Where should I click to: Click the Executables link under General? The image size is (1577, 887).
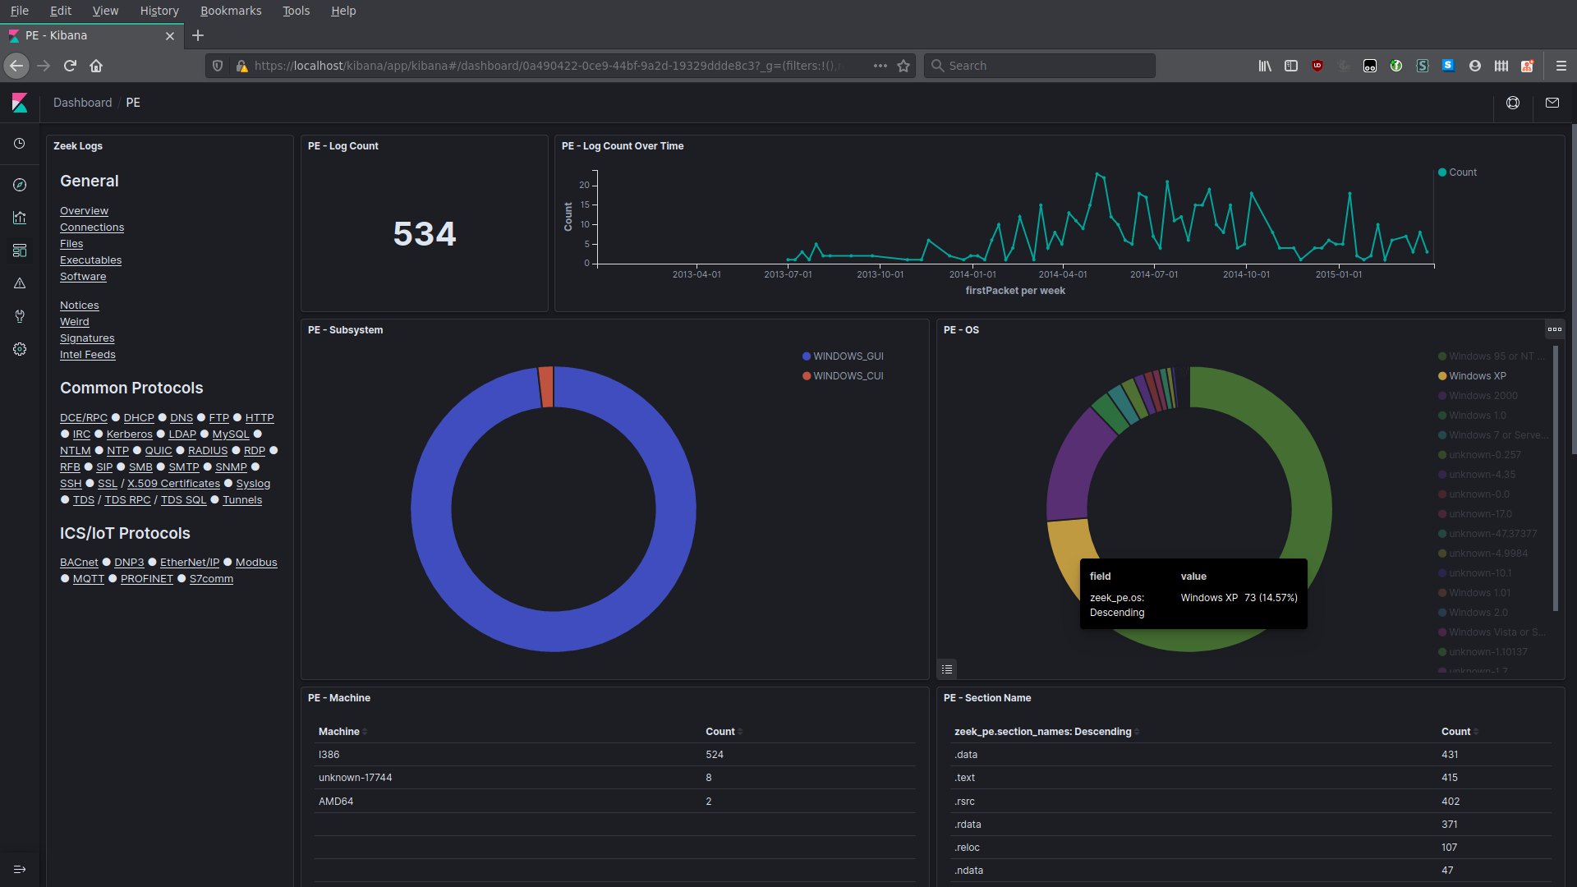[x=90, y=260]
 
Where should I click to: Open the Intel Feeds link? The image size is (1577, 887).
[x=87, y=355]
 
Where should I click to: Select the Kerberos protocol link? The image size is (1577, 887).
[x=129, y=434]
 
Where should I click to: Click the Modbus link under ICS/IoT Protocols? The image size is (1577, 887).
[x=256, y=563]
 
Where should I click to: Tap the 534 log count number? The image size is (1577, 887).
[x=424, y=234]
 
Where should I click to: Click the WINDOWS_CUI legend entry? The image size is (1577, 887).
[x=848, y=376]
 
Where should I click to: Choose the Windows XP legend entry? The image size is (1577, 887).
[x=1477, y=376]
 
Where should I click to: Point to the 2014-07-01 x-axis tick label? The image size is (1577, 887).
[x=1153, y=274]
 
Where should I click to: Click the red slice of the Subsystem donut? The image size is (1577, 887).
[x=546, y=387]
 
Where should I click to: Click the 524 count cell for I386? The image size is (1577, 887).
[x=714, y=755]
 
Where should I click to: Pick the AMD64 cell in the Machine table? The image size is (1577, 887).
[x=336, y=802]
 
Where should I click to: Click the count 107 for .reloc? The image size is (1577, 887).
[x=1449, y=848]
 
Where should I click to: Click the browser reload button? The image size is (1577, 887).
[x=70, y=66]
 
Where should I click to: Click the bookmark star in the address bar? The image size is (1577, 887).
[x=903, y=66]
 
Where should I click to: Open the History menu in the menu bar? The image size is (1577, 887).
[x=159, y=11]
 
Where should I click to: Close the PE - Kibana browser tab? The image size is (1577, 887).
[x=170, y=36]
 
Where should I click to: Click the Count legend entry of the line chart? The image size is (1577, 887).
[x=1462, y=172]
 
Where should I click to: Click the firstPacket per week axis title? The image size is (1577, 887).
[x=1014, y=291]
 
